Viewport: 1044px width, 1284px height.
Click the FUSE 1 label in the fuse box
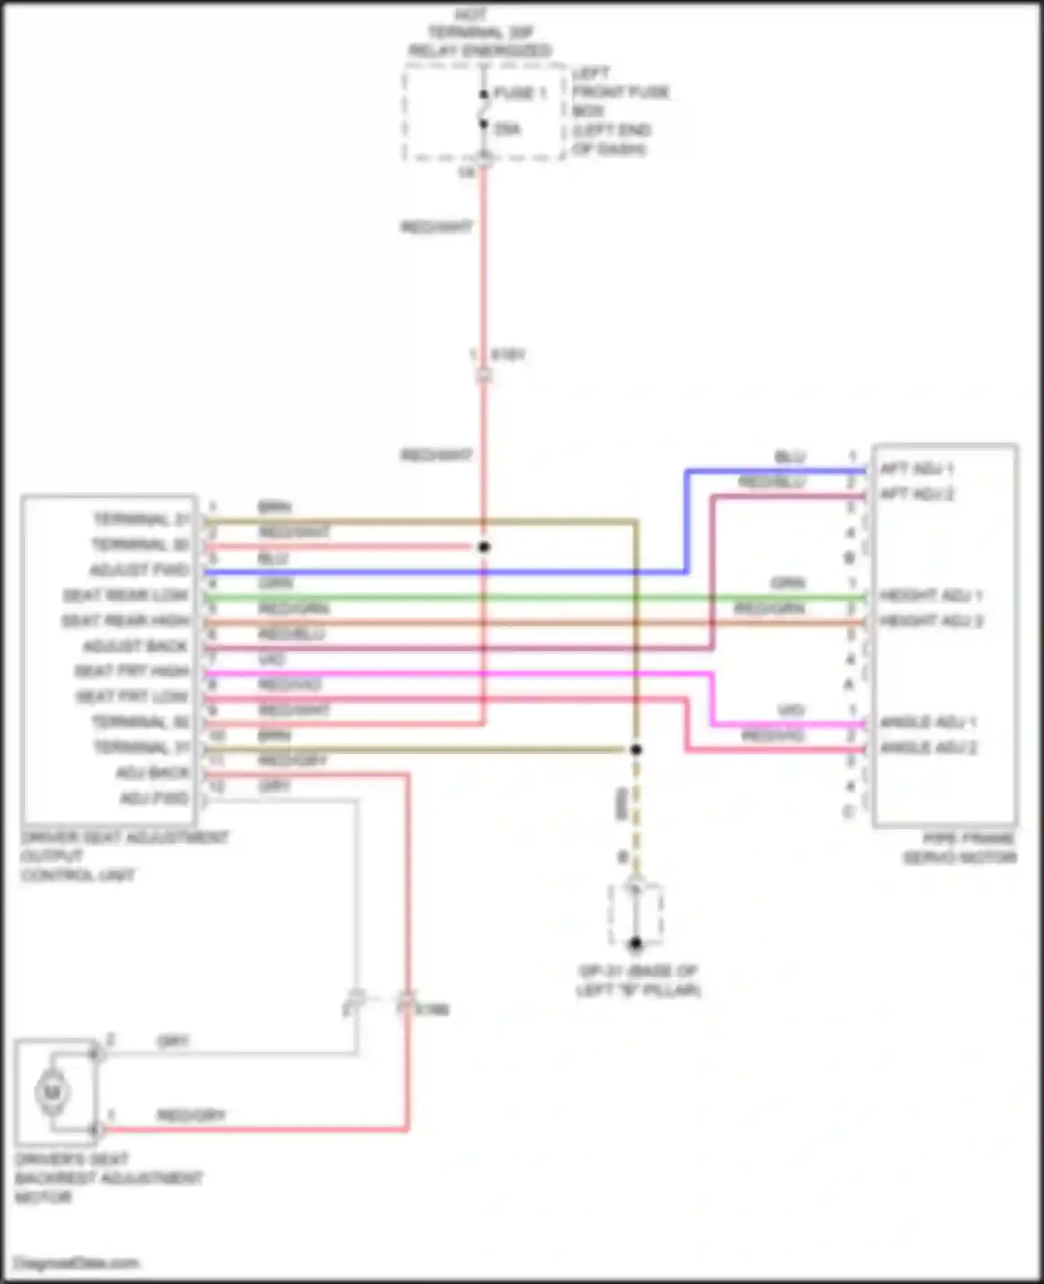pyautogui.click(x=520, y=93)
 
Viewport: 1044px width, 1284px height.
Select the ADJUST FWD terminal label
pyautogui.click(x=139, y=570)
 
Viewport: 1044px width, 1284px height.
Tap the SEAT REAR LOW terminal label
pyautogui.click(x=126, y=596)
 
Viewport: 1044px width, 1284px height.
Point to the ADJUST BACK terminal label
pyautogui.click(x=136, y=647)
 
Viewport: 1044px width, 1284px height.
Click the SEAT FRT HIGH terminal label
pyautogui.click(x=132, y=672)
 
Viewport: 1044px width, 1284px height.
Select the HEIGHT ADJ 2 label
pyautogui.click(x=931, y=620)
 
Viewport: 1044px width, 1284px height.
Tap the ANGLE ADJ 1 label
pyautogui.click(x=928, y=723)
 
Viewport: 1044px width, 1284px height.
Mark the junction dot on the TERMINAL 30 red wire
pyautogui.click(x=484, y=547)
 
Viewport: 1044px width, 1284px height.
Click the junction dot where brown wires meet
pyautogui.click(x=635, y=750)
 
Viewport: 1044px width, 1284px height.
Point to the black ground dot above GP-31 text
pyautogui.click(x=635, y=944)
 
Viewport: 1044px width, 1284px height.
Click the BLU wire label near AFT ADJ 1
pyautogui.click(x=790, y=457)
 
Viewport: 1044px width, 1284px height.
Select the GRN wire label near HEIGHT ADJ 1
pyautogui.click(x=788, y=584)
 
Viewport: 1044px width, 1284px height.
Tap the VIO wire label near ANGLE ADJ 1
pyautogui.click(x=791, y=710)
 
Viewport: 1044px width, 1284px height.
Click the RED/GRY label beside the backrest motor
pyautogui.click(x=191, y=1116)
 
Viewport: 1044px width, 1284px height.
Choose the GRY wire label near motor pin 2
pyautogui.click(x=173, y=1041)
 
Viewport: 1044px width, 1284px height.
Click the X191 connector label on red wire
pyautogui.click(x=508, y=355)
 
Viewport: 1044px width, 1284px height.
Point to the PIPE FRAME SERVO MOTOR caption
pyautogui.click(x=960, y=849)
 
